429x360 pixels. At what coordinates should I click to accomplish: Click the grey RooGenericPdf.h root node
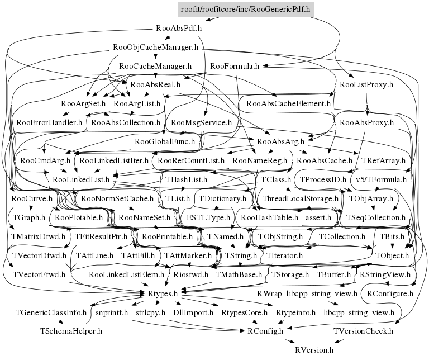tap(245, 9)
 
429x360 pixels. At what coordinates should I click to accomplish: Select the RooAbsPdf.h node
tap(179, 27)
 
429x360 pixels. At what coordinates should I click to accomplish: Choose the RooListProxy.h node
tap(367, 85)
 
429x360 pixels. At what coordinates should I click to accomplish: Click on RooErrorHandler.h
tap(49, 122)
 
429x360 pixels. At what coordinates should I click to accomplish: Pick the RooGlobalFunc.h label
tap(165, 142)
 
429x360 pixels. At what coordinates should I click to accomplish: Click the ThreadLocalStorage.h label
tap(301, 199)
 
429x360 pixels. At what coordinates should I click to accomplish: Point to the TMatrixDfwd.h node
tap(39, 236)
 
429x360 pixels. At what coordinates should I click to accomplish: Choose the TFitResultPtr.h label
tap(102, 236)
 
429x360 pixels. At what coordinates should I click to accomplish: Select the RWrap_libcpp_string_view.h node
tap(307, 293)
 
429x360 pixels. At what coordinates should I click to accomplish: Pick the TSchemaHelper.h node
tap(71, 331)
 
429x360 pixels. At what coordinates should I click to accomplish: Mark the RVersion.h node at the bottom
tap(314, 350)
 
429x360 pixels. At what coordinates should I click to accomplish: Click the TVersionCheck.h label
tap(364, 331)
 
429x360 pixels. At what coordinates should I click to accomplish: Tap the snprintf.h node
tap(112, 312)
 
